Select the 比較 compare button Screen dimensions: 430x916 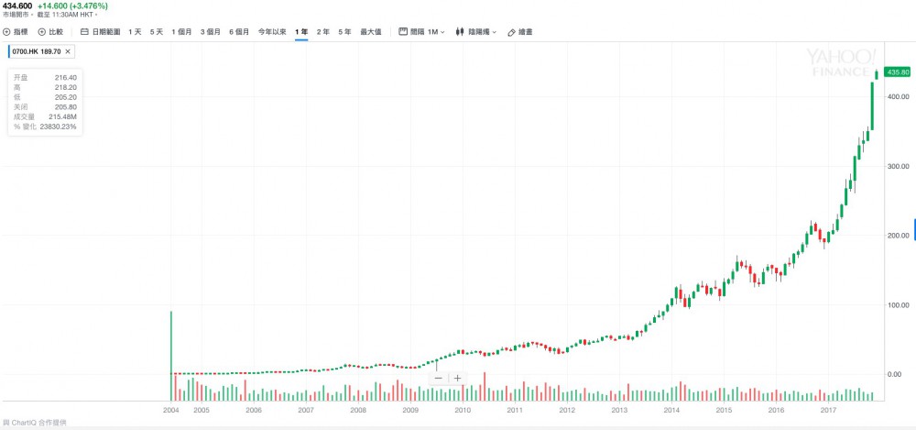click(51, 32)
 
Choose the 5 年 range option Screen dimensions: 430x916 click(344, 32)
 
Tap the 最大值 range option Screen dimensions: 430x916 click(371, 32)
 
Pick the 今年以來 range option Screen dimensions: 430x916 click(272, 32)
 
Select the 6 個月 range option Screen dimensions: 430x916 click(239, 32)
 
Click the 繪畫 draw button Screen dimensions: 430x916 click(520, 32)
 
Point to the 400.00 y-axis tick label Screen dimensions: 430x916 click(897, 96)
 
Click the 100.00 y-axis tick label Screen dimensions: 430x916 click(897, 304)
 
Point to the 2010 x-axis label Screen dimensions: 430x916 click(463, 411)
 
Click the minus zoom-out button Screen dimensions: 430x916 click(438, 378)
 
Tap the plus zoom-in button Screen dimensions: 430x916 click(457, 378)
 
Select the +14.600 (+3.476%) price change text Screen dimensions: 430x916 click(67, 6)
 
